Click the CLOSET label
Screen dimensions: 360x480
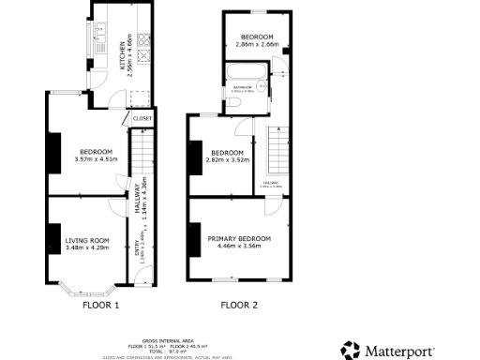(x=142, y=119)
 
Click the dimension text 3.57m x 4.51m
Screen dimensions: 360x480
(x=96, y=159)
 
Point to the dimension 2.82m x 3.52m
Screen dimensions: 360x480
(x=228, y=160)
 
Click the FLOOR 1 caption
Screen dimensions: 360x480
(x=101, y=305)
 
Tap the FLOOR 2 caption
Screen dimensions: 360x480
(x=239, y=305)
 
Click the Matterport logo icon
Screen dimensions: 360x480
(x=351, y=350)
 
